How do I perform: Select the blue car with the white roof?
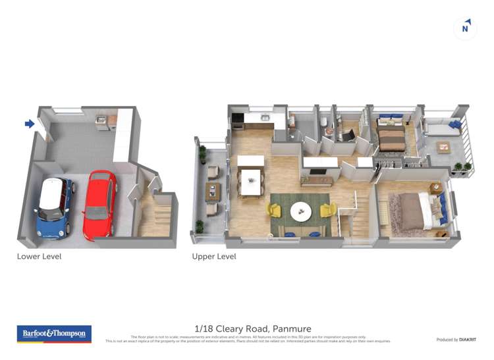[x=55, y=207]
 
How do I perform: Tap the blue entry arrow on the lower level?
[x=30, y=123]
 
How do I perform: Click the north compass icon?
[x=466, y=28]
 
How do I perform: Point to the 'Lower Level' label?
[x=39, y=256]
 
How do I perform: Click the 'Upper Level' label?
[x=213, y=256]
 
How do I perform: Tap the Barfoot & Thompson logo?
[x=54, y=334]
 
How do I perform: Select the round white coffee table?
[x=302, y=211]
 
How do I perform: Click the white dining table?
[x=251, y=182]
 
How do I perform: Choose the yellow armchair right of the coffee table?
[x=327, y=211]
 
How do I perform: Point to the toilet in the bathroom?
[x=323, y=122]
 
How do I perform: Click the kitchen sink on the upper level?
[x=265, y=118]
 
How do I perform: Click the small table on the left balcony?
[x=212, y=191]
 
